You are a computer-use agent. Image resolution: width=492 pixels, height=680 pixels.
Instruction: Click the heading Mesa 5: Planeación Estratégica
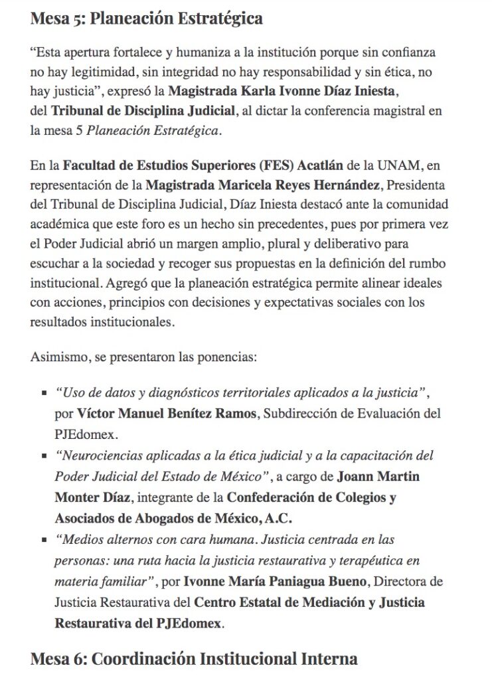pos(146,18)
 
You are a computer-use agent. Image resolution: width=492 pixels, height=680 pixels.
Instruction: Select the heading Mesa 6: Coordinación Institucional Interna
pos(194,659)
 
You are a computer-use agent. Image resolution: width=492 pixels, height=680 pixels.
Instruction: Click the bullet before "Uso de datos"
pos(44,394)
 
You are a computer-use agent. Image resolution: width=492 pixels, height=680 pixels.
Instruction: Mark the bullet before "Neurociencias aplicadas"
pos(44,458)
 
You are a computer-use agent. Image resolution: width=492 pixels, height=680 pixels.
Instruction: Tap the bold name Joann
pos(357,477)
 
